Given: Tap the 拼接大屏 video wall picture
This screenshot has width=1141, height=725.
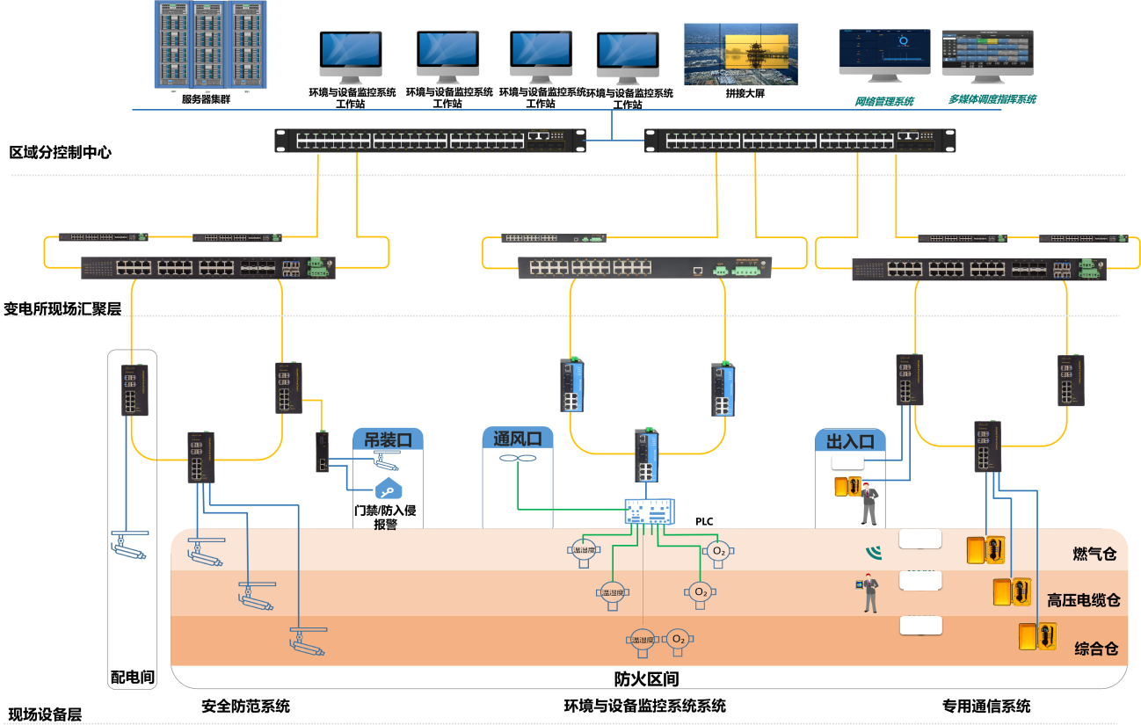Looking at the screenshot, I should [x=741, y=54].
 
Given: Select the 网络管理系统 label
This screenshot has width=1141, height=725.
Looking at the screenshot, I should [x=884, y=101].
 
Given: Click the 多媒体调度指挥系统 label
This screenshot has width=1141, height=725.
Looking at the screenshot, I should [x=992, y=99].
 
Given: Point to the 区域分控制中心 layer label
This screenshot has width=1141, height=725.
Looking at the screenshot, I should [x=60, y=152].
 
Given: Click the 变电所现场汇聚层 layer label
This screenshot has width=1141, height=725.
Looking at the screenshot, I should [x=62, y=308].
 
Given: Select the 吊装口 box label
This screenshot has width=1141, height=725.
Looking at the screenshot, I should [x=388, y=439].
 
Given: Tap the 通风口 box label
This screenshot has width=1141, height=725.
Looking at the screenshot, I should [x=517, y=439].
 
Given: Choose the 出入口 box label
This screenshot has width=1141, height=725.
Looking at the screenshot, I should [x=850, y=440].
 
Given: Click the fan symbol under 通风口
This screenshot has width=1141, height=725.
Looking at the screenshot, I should [x=517, y=459].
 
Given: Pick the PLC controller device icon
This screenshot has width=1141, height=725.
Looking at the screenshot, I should [x=650, y=512].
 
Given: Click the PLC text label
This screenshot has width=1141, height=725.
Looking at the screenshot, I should [x=704, y=521].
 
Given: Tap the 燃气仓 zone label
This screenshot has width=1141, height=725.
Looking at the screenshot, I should [x=1094, y=554].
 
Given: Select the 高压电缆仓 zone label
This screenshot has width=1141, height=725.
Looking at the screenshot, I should [x=1083, y=601].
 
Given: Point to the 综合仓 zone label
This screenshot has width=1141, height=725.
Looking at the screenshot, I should [x=1095, y=649].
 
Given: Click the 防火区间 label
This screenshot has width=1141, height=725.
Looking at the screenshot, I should [x=646, y=678].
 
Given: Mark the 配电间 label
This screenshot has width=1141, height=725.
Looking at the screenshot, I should [x=132, y=677].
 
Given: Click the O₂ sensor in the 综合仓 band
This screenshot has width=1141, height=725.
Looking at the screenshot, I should [x=678, y=640].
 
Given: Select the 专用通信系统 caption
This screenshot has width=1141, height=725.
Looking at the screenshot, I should [x=985, y=706].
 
